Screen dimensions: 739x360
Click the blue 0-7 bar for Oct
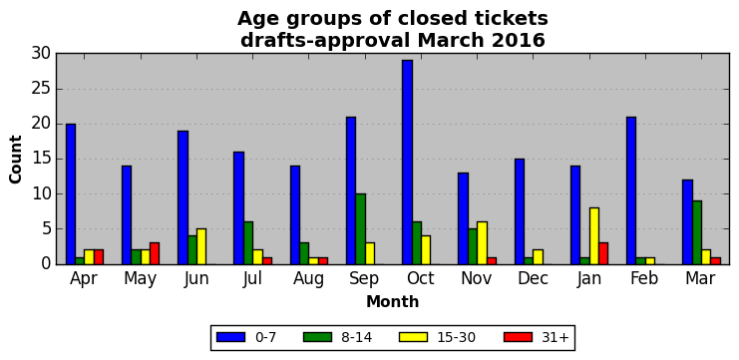pos(408,163)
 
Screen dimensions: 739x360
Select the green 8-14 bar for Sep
pos(361,229)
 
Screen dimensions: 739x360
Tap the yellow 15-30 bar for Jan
pos(594,236)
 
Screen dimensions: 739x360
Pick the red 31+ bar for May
pos(155,253)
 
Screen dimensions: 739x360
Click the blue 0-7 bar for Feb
pos(631,190)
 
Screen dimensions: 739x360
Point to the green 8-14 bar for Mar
pos(697,232)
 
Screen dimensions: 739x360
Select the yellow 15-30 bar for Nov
pos(482,243)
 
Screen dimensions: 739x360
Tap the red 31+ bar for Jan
pos(603,253)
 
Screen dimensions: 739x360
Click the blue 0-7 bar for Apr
pos(71,194)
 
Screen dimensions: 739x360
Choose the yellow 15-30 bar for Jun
pos(201,246)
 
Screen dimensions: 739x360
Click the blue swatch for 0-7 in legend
pos(231,337)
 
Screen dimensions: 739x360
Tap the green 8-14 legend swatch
pos(318,337)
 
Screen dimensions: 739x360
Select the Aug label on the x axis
pos(309,279)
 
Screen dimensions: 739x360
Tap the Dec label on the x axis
pos(533,278)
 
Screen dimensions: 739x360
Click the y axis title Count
pos(16,160)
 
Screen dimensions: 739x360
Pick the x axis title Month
pos(393,301)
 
